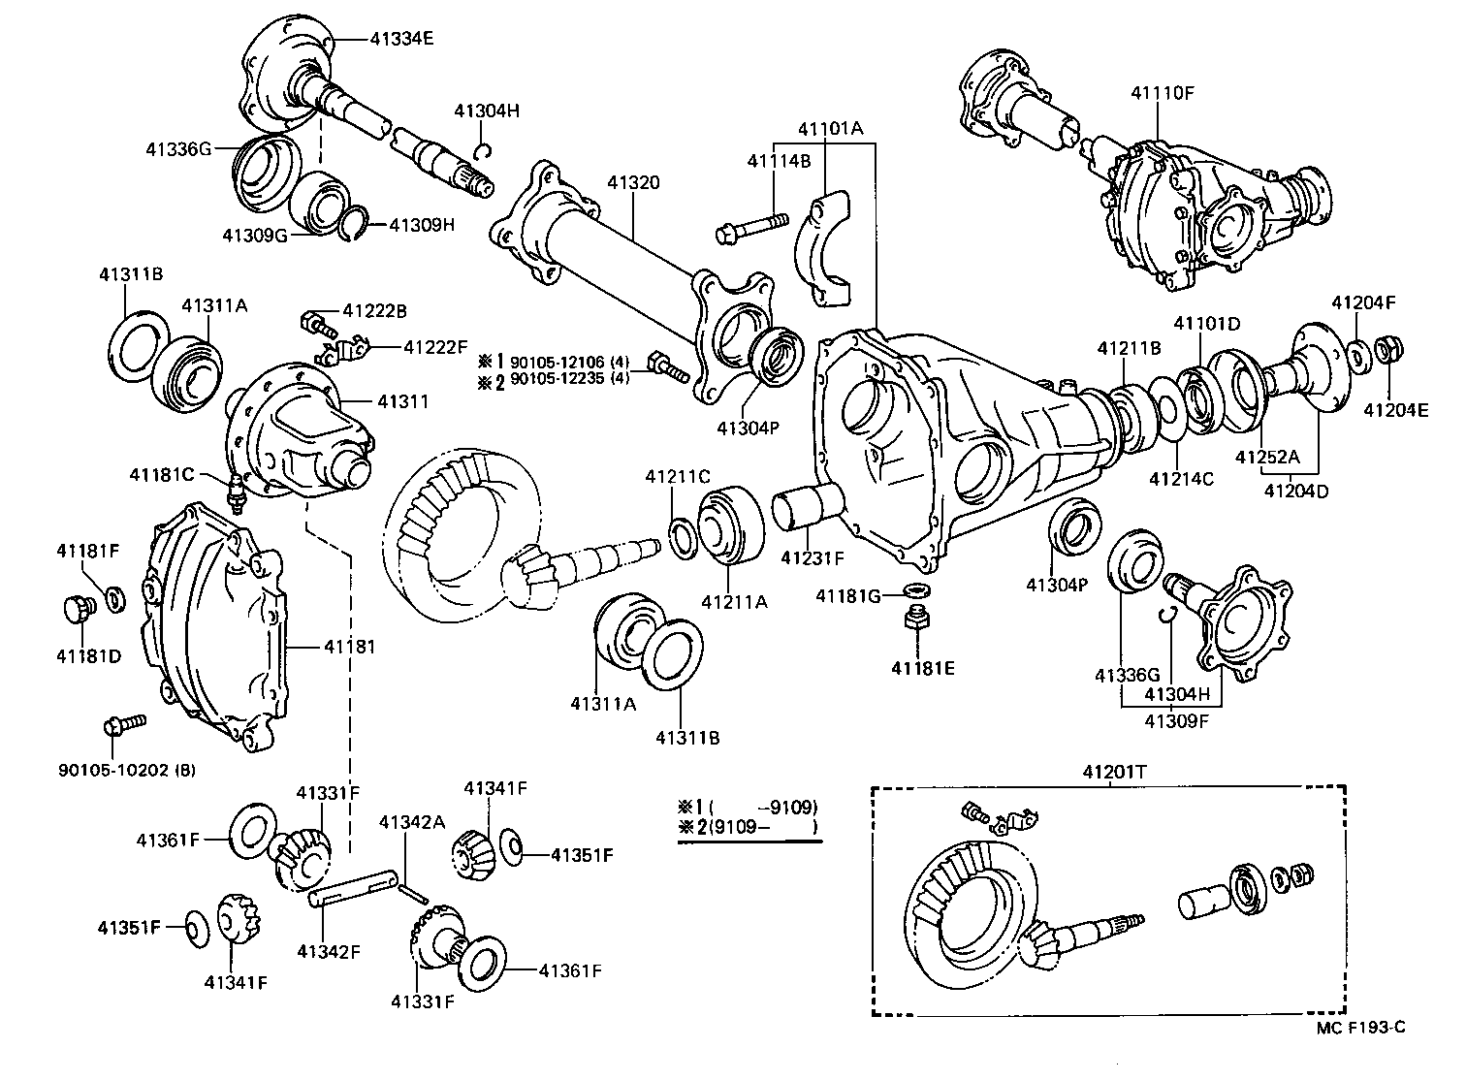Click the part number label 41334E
(401, 40)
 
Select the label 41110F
(1163, 93)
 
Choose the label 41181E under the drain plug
(923, 667)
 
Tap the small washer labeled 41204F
(1359, 354)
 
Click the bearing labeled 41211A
(733, 527)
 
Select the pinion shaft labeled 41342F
(353, 888)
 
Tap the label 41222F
(435, 346)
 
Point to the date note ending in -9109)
(749, 806)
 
